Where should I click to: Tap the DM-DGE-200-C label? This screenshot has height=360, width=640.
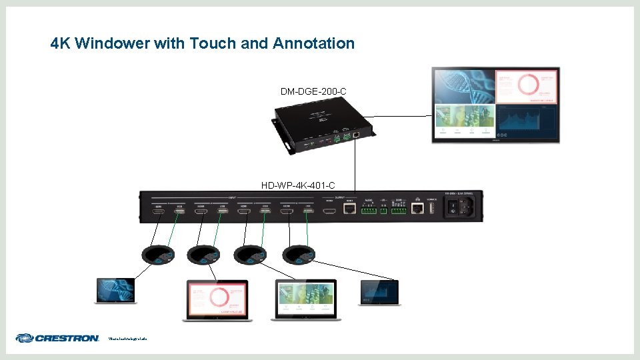313,91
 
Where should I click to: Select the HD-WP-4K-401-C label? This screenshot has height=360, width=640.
298,185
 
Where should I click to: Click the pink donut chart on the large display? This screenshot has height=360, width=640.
527,86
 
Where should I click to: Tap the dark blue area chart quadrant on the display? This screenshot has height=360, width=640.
527,122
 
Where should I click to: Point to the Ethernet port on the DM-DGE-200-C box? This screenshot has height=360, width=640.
357,133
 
